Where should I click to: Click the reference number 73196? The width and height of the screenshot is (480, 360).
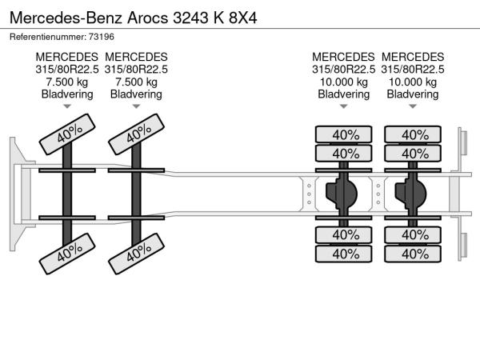click(x=102, y=37)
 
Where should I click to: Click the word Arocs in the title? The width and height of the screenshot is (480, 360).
click(x=147, y=18)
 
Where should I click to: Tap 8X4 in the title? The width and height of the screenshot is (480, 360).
click(x=242, y=18)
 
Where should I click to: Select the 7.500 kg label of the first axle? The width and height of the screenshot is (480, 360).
click(x=67, y=82)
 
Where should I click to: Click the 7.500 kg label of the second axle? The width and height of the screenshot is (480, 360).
click(x=136, y=82)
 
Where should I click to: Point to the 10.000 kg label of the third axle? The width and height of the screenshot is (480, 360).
click(x=343, y=82)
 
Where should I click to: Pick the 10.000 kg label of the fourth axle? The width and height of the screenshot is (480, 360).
click(x=413, y=82)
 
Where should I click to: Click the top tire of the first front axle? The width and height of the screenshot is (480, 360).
click(x=67, y=134)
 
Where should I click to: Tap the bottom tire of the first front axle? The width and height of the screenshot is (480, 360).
click(x=67, y=254)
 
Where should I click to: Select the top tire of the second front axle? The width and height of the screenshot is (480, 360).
click(x=137, y=134)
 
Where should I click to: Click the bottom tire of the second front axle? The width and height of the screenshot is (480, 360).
click(x=137, y=254)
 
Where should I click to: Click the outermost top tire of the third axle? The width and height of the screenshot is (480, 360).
click(x=344, y=134)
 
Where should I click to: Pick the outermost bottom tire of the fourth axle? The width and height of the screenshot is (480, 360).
click(x=413, y=254)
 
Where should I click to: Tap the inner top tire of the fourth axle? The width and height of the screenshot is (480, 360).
click(x=413, y=154)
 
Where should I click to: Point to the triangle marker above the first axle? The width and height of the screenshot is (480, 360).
click(x=67, y=106)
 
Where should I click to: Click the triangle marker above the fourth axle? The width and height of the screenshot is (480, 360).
click(x=413, y=106)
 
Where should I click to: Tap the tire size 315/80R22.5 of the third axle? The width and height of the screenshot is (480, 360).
click(x=343, y=70)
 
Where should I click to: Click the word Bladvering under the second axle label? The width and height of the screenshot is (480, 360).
click(x=136, y=94)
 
